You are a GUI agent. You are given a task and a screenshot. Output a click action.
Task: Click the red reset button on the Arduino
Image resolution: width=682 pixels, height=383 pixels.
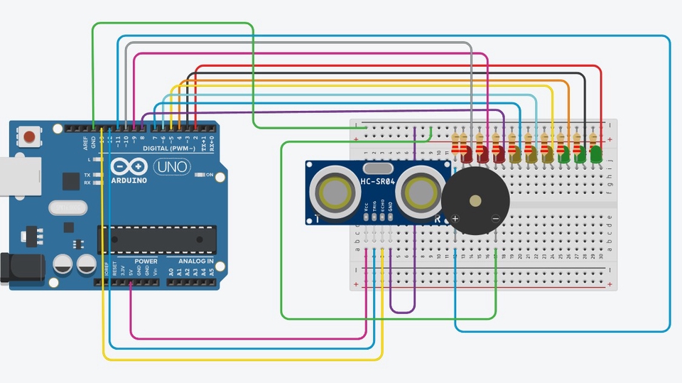pos(30,136)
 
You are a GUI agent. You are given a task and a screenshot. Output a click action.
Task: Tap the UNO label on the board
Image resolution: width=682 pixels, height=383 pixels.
pos(171,166)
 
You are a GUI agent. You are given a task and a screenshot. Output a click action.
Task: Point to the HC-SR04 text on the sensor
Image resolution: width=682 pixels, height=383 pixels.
pos(377,182)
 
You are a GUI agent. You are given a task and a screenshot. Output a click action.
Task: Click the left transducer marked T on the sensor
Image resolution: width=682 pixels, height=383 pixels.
pos(335,191)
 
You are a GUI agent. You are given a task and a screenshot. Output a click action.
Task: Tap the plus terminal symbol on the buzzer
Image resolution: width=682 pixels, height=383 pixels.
pos(455,218)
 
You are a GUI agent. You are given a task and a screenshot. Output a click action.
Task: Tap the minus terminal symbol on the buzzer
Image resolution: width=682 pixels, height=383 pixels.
pos(495,218)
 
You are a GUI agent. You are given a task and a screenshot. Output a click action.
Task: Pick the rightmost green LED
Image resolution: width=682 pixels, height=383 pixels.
pos(595,153)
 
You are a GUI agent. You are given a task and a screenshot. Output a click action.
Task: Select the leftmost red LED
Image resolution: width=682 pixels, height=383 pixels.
pos(467,153)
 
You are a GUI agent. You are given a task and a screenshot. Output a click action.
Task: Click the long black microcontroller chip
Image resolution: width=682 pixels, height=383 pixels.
pos(157,239)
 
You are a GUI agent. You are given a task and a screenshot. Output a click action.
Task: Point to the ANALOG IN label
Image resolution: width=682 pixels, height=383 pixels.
pos(190,261)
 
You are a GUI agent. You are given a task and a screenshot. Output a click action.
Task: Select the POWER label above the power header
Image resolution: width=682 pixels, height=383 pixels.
pos(146,261)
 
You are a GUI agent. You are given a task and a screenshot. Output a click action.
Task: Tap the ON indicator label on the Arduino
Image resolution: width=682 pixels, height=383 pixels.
pos(210,174)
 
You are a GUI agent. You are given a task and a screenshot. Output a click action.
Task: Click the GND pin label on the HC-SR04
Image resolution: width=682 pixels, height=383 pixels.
pos(391,210)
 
